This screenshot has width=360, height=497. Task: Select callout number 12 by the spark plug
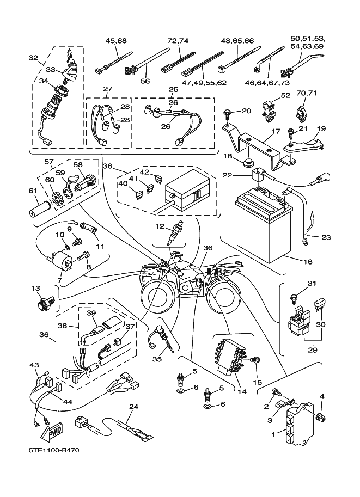tap(159, 225)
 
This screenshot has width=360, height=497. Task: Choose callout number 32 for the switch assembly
tap(33, 57)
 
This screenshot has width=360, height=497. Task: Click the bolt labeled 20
tap(227, 113)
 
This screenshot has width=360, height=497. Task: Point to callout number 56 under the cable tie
tap(145, 81)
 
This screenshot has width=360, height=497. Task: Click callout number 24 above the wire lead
tap(133, 407)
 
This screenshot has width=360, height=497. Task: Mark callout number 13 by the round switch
tap(35, 288)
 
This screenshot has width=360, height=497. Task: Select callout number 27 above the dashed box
tap(107, 89)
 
